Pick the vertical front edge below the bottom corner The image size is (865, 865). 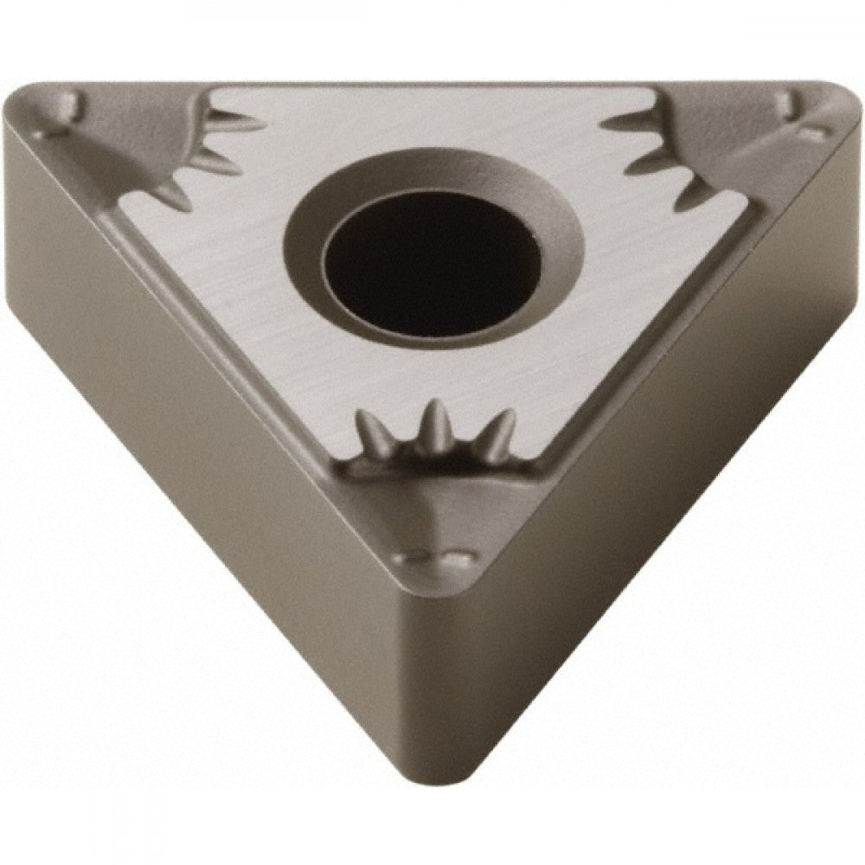click(432, 692)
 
